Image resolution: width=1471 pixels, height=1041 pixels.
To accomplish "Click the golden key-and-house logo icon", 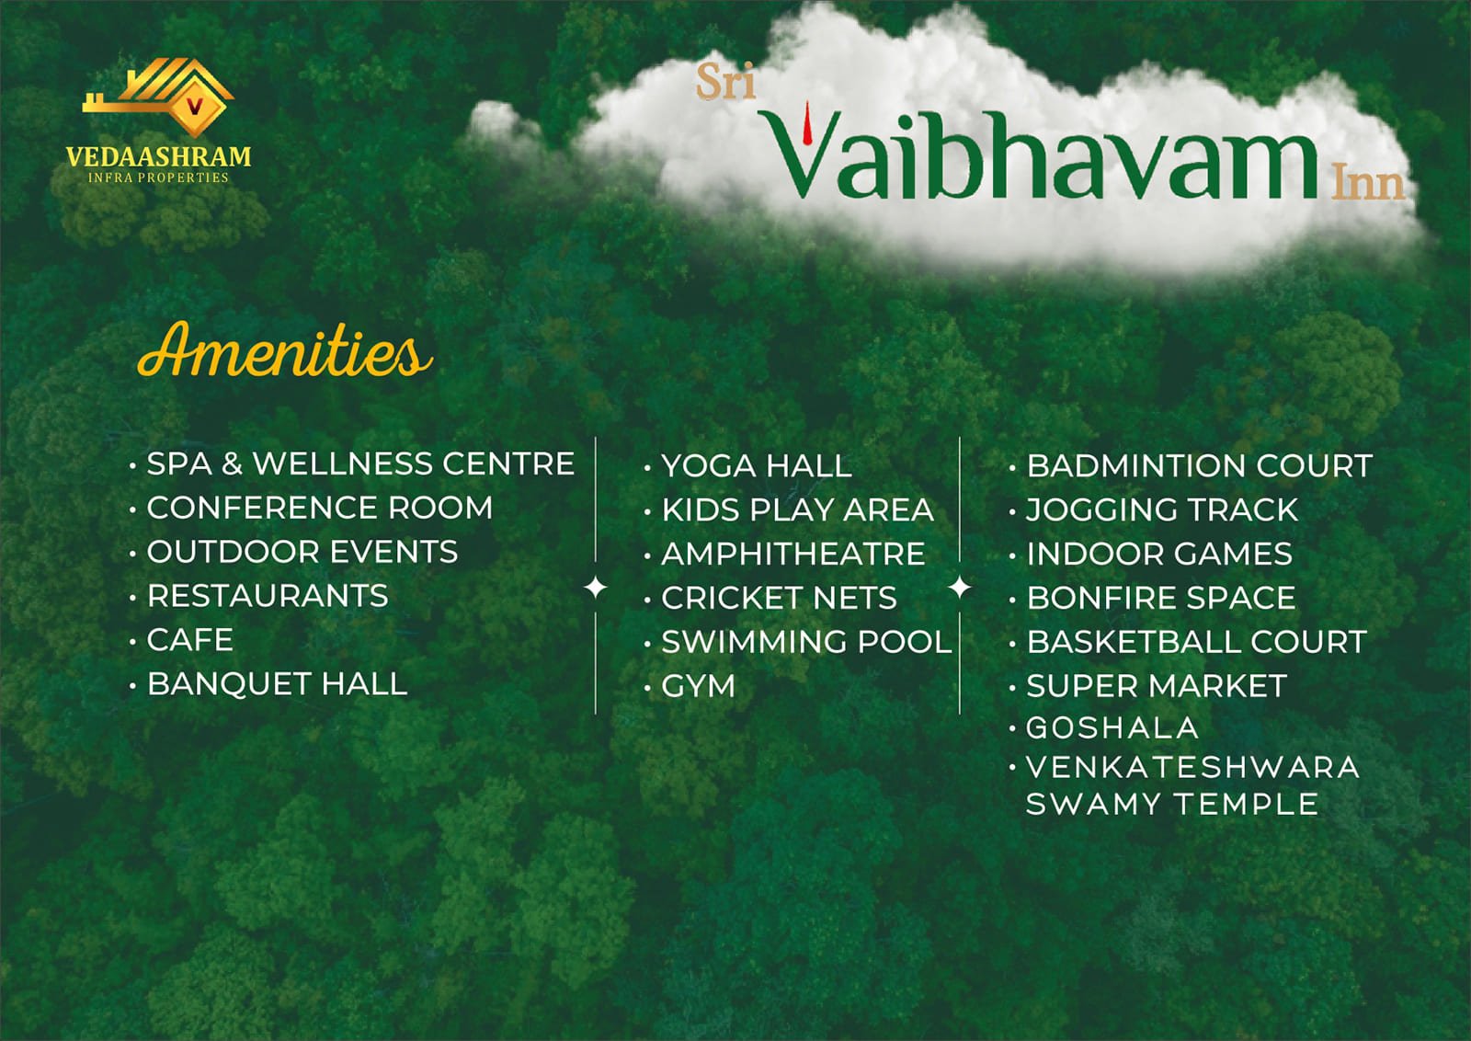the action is click(x=157, y=97).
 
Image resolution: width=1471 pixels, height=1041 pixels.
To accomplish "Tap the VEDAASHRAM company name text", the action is click(x=158, y=156).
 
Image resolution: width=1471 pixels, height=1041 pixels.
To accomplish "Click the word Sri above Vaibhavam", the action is click(x=725, y=82).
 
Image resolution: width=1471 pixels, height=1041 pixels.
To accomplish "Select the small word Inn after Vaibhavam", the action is click(x=1368, y=183).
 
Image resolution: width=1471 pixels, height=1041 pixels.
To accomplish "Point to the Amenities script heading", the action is click(x=285, y=350).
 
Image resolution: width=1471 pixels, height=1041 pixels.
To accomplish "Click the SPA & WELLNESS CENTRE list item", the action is click(x=360, y=463).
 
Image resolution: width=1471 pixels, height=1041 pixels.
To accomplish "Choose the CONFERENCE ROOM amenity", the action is click(x=320, y=508).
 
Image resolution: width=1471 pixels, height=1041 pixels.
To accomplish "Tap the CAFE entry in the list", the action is click(x=189, y=640).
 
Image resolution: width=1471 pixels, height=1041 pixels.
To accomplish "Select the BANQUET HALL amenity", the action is click(x=277, y=683).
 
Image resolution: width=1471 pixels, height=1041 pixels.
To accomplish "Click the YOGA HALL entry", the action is click(x=757, y=466).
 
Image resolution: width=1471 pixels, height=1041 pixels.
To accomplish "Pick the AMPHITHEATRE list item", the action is click(x=793, y=554).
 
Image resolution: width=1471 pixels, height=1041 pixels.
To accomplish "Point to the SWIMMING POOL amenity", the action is click(x=807, y=642).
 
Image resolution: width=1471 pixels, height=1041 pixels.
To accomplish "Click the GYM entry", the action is click(x=698, y=686).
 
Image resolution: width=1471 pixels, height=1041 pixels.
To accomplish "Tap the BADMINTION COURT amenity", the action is click(x=1200, y=465).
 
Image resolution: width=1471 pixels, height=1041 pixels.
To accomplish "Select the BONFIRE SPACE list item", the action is click(x=1161, y=598).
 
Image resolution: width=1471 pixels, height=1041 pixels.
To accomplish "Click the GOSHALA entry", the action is click(x=1112, y=727).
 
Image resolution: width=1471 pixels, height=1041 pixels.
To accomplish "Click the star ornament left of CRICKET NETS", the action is click(x=596, y=587).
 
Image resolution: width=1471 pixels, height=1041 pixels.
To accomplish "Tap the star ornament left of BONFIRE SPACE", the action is click(x=960, y=587).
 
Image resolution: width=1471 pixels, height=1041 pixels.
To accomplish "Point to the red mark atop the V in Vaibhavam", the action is click(x=808, y=122).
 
